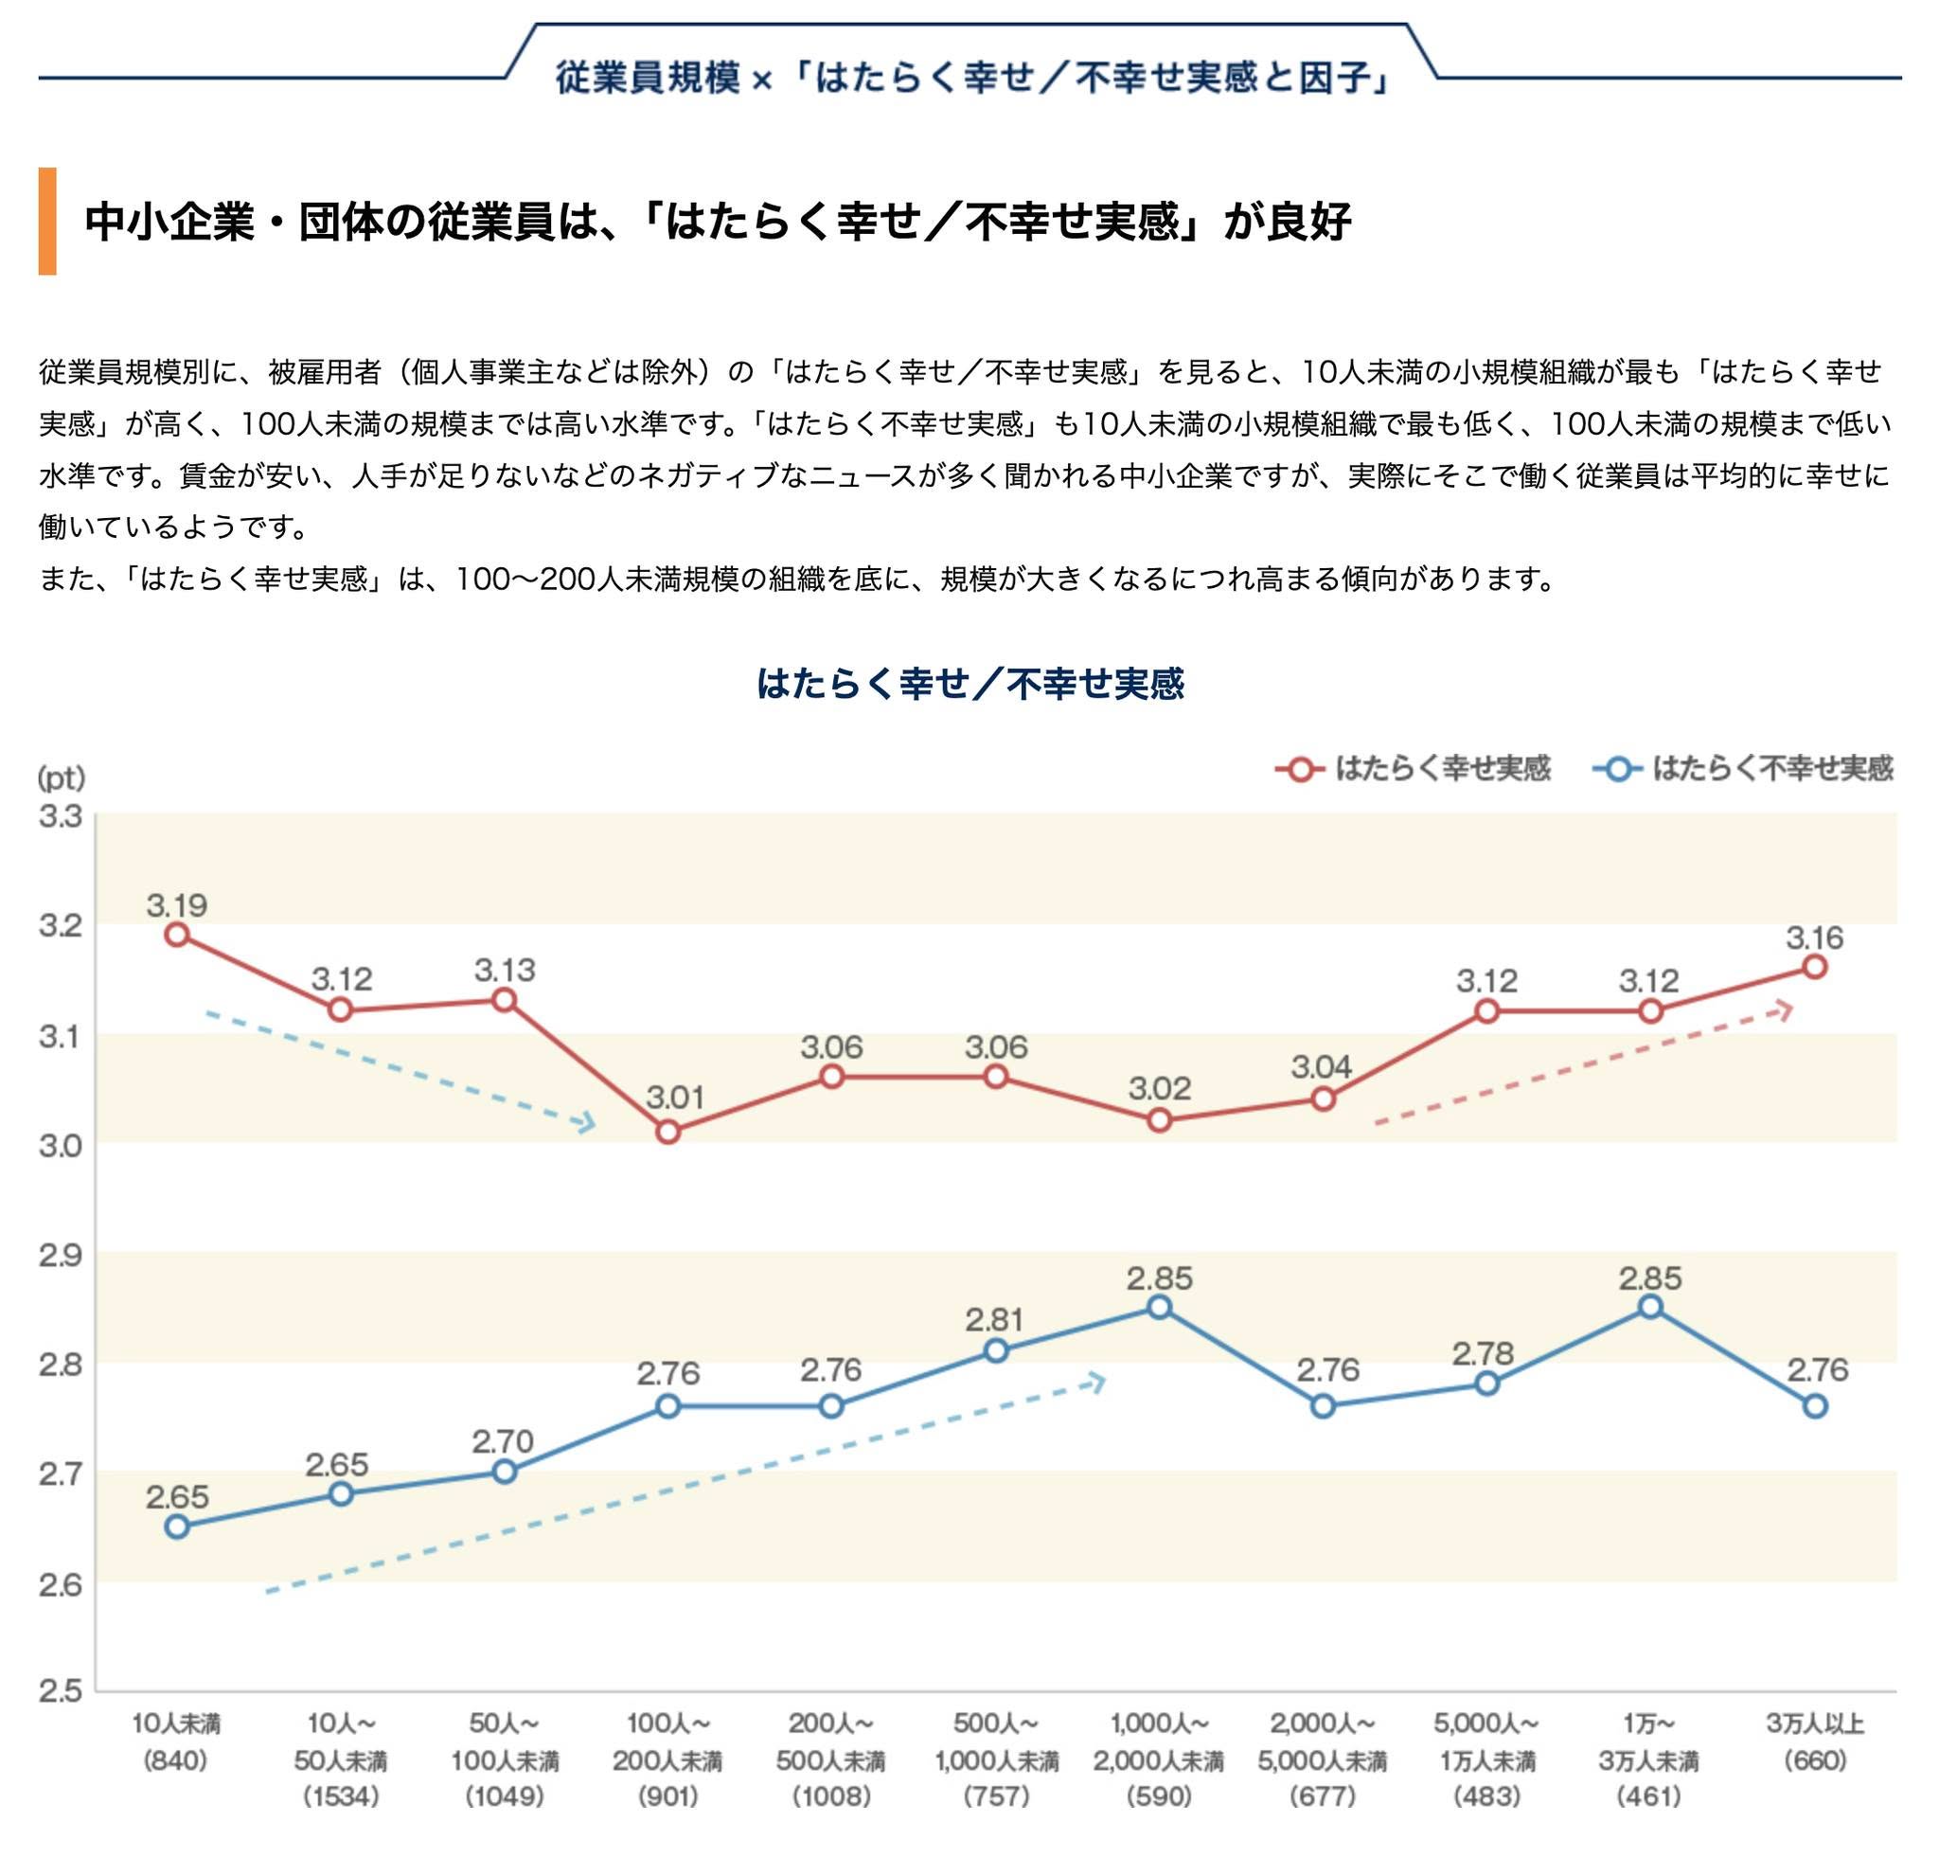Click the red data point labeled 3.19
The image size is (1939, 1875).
[177, 934]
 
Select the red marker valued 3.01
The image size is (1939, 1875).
[667, 1131]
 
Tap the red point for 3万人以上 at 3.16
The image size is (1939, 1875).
[1814, 967]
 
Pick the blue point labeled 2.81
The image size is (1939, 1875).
[996, 1350]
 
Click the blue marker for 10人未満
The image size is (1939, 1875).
[177, 1526]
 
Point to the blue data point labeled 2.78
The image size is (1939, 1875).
[1486, 1384]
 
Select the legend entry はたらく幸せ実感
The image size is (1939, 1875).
[1413, 769]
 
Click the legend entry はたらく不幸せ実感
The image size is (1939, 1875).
[1743, 769]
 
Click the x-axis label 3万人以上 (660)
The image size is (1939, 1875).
[1815, 1742]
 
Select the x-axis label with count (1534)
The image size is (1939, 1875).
[341, 1761]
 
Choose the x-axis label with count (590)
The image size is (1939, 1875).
[1160, 1761]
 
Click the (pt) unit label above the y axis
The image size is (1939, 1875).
[62, 777]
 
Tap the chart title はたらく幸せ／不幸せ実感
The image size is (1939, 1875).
[969, 684]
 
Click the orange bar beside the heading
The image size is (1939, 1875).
[47, 221]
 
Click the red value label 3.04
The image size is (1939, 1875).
[1322, 1066]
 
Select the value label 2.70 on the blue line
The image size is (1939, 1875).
[504, 1440]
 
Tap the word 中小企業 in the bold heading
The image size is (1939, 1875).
[170, 222]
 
